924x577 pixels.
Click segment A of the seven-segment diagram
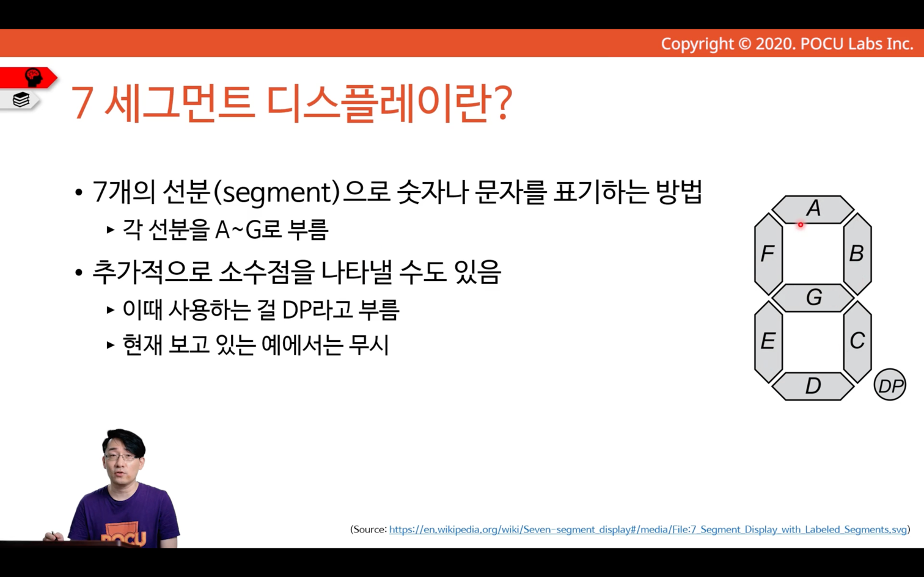pyautogui.click(x=813, y=209)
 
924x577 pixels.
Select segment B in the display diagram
pyautogui.click(x=857, y=253)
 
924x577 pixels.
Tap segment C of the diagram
pyautogui.click(x=857, y=341)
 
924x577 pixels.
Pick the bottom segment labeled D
pyautogui.click(x=813, y=386)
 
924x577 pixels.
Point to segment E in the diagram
pyautogui.click(x=768, y=341)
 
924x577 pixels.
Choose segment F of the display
pyautogui.click(x=768, y=253)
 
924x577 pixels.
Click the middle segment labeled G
pyautogui.click(x=813, y=297)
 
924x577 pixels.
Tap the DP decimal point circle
pyautogui.click(x=890, y=385)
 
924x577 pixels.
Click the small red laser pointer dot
pyautogui.click(x=801, y=225)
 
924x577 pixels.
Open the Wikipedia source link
pyautogui.click(x=648, y=529)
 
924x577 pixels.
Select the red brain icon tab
pyautogui.click(x=29, y=78)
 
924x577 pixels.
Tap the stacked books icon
pyautogui.click(x=21, y=100)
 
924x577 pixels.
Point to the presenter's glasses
pyautogui.click(x=120, y=457)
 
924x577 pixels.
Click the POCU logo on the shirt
pyautogui.click(x=123, y=538)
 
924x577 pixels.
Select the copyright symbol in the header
pyautogui.click(x=744, y=44)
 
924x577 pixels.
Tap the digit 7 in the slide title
pyautogui.click(x=82, y=103)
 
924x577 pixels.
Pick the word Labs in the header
pyautogui.click(x=861, y=44)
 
